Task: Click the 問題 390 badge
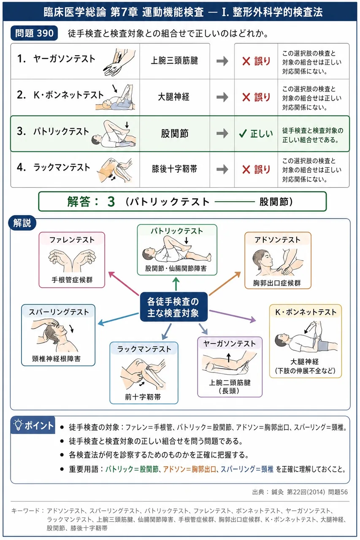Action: pyautogui.click(x=34, y=33)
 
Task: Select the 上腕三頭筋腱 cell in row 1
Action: pyautogui.click(x=174, y=61)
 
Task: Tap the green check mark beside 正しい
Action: pyautogui.click(x=243, y=133)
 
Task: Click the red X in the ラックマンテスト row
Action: pyautogui.click(x=246, y=170)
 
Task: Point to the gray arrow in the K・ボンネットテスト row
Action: pyautogui.click(x=222, y=97)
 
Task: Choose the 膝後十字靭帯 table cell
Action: pyautogui.click(x=174, y=169)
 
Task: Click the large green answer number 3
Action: pyautogui.click(x=111, y=202)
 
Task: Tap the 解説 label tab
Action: pyautogui.click(x=22, y=223)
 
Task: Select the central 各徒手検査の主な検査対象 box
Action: pyautogui.click(x=173, y=307)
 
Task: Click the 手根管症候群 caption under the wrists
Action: pyautogui.click(x=72, y=280)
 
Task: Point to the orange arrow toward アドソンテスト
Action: pyautogui.click(x=225, y=283)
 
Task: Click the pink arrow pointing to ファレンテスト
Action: pyautogui.click(x=124, y=283)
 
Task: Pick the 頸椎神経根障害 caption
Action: pyautogui.click(x=56, y=359)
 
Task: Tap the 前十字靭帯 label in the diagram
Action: pyautogui.click(x=143, y=397)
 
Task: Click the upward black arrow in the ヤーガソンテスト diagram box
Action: pyautogui.click(x=229, y=358)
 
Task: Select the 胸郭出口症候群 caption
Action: pyautogui.click(x=277, y=283)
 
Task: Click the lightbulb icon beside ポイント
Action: pyautogui.click(x=18, y=425)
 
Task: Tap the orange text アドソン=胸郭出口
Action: pyautogui.click(x=189, y=469)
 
